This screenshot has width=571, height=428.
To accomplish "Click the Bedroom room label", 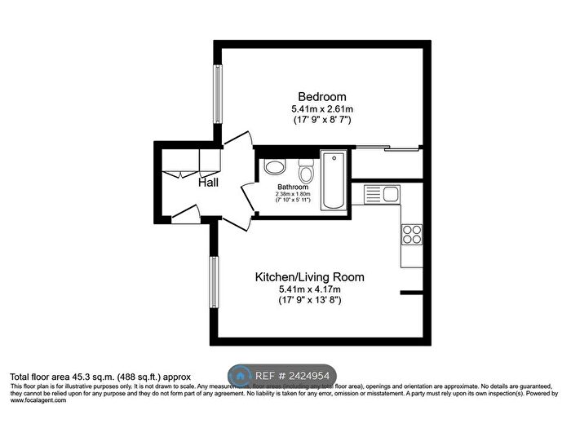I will [x=321, y=95].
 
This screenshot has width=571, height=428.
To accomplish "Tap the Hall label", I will [x=208, y=183].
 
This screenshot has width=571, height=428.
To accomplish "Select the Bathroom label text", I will [x=292, y=187].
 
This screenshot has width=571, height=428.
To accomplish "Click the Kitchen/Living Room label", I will [x=309, y=277].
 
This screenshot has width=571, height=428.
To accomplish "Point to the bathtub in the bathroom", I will [x=333, y=181].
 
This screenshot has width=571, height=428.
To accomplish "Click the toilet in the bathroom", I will [x=307, y=170].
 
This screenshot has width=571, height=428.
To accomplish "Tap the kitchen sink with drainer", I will [x=381, y=194].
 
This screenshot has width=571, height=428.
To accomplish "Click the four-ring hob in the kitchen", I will [x=412, y=235].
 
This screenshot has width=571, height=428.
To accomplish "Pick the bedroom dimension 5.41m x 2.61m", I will [x=321, y=109].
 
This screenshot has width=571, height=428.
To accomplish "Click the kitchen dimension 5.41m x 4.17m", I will [x=309, y=289].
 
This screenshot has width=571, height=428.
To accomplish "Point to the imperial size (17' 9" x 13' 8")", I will [x=309, y=301].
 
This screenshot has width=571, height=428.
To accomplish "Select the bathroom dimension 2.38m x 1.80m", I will [x=292, y=194].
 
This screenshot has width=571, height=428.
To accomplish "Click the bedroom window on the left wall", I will [x=217, y=91].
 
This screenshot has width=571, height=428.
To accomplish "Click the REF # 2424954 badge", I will [x=282, y=376].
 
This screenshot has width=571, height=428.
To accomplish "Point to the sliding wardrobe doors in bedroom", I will [x=387, y=148].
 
